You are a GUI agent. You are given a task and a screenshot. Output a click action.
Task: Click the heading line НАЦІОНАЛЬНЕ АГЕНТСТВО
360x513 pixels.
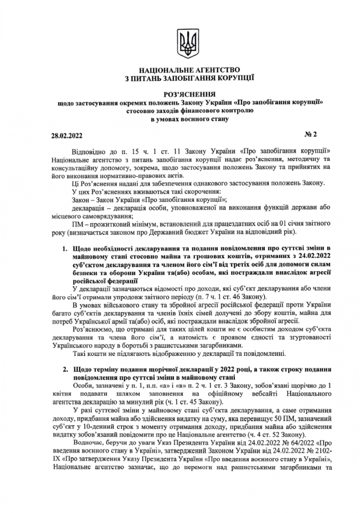pyautogui.click(x=184, y=71)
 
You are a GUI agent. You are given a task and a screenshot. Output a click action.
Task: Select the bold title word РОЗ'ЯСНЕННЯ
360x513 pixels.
pyautogui.click(x=184, y=94)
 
